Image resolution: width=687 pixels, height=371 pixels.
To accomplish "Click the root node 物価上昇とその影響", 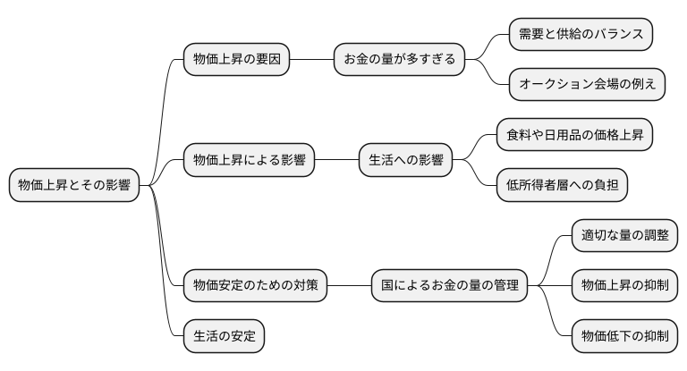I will pos(74,186).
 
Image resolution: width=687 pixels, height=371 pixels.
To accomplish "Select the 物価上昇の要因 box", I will pos(236,60).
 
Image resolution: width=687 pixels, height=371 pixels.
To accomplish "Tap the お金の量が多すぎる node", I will pos(399,60).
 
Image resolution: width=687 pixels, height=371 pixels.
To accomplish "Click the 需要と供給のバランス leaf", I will pos(581,34).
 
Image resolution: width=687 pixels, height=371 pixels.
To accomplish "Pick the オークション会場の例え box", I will pos(587,85).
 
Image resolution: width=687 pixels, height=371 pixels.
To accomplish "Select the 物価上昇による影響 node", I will pos(249,161).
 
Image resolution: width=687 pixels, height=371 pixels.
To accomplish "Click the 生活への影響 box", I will pos(405,161).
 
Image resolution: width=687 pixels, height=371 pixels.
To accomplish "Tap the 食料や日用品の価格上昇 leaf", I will pos(574,136).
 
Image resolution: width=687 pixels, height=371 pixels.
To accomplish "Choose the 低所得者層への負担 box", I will pos(562,186).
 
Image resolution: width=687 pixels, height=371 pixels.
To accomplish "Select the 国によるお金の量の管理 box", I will pos(449,287).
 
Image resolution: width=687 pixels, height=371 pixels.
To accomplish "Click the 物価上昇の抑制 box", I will pos(624,287).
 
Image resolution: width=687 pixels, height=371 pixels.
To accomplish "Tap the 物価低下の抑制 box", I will pos(624,337).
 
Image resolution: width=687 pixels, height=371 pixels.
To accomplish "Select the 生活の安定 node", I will pos(224,337).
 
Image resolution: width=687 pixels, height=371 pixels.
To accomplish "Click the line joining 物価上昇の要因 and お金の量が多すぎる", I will pos(311,60).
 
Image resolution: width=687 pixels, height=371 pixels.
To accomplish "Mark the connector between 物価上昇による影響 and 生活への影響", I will pos(336,161).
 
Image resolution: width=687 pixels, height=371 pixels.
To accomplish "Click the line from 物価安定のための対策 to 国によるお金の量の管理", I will pos(349,287).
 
